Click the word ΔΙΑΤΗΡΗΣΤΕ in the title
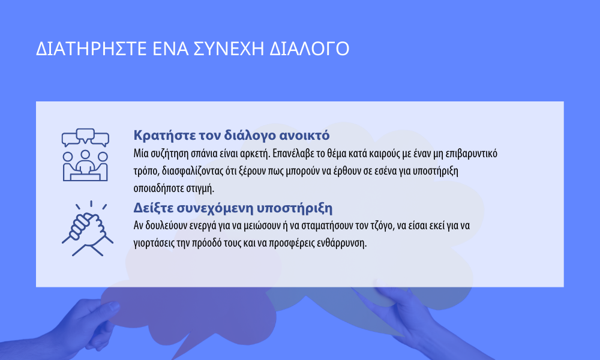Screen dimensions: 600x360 (x=91, y=49)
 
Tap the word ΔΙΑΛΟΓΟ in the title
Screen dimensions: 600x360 (x=309, y=49)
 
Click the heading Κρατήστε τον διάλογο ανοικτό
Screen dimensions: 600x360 (x=232, y=135)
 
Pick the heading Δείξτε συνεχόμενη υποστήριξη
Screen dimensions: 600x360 (x=233, y=208)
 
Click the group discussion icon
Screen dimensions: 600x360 (x=85, y=155)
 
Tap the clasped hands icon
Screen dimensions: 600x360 (x=88, y=229)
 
